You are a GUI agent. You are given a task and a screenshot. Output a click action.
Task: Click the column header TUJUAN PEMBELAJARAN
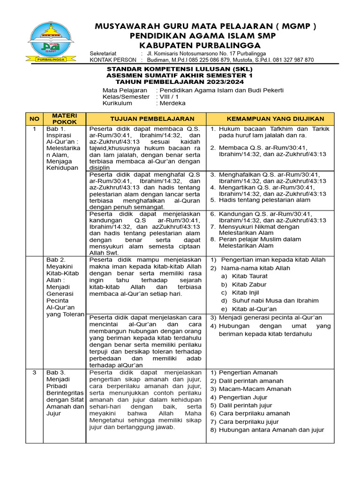145,119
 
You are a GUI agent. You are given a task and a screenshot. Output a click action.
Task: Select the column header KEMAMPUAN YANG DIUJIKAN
270,119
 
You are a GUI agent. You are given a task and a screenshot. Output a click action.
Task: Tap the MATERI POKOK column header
64,119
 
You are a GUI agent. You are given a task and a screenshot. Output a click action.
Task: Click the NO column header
34,119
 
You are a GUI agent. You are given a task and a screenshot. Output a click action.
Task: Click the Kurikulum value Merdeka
172,103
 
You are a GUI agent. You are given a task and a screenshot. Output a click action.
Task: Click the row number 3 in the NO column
34,372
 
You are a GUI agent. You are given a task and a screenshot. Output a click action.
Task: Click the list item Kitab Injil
246,292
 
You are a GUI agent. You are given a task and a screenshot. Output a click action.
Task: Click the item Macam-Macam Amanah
255,389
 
